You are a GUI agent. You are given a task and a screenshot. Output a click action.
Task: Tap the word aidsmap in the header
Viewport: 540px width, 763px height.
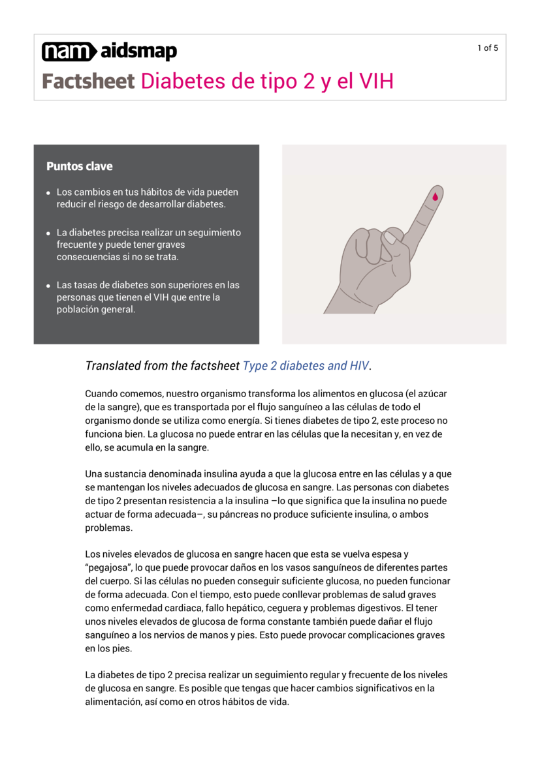click(138, 51)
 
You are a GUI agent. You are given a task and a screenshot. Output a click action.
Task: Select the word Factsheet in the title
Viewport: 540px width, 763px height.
click(88, 82)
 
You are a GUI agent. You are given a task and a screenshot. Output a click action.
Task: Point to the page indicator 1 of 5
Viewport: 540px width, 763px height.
click(487, 48)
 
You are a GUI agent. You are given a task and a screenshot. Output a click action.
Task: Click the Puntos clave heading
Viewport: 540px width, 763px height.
click(79, 166)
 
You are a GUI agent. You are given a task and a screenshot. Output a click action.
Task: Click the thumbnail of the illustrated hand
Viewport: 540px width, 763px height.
click(394, 245)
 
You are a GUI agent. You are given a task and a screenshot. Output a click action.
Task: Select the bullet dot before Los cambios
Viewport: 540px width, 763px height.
click(48, 193)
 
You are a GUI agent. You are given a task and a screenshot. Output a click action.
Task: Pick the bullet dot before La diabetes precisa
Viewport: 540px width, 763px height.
click(48, 233)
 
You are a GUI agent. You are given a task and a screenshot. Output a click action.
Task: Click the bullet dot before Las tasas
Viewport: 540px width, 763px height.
click(48, 286)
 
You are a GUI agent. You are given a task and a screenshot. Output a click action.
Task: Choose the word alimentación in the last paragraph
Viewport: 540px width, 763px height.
click(110, 702)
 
